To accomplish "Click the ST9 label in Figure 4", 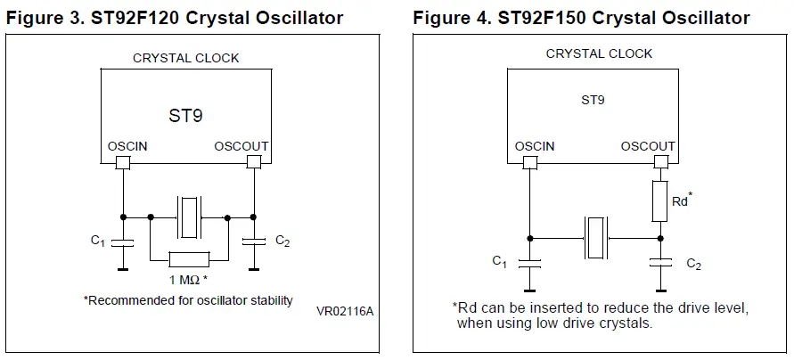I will [x=593, y=101].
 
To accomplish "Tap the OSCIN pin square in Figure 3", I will [x=123, y=162].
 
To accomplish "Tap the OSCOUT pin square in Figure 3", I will [x=254, y=162].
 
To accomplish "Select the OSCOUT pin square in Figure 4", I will [x=660, y=162].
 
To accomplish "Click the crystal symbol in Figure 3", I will [x=189, y=217].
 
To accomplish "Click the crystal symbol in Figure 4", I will [x=595, y=238].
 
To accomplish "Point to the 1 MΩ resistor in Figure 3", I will [x=189, y=259].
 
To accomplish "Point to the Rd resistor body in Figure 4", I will [x=660, y=200].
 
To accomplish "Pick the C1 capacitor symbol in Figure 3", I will [x=123, y=241].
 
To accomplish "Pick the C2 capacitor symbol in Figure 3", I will [x=254, y=241].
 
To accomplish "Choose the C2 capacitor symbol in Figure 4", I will [x=660, y=262].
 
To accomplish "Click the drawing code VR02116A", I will [x=345, y=311].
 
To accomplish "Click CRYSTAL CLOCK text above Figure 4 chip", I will [x=599, y=53].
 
